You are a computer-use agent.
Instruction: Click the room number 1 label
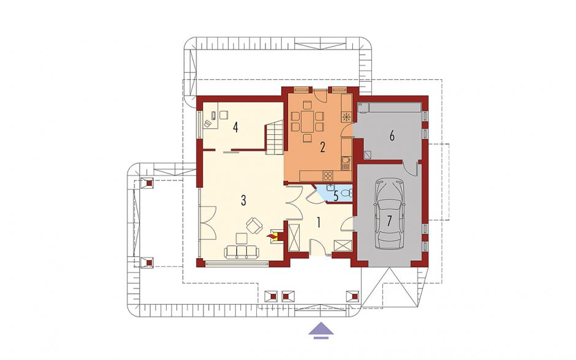[x=319, y=223]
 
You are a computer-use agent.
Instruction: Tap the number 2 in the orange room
[x=322, y=147]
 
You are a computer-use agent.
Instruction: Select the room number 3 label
[x=243, y=201]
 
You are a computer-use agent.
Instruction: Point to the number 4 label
[x=235, y=128]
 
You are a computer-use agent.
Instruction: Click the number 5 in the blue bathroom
[x=336, y=196]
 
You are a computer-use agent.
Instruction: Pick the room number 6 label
[x=392, y=136]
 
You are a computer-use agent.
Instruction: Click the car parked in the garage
[x=389, y=215]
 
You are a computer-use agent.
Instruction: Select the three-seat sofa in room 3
[x=241, y=252]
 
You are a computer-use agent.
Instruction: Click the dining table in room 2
[x=308, y=121]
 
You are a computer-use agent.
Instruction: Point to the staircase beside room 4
[x=274, y=138]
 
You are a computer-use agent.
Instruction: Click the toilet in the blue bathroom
[x=346, y=193]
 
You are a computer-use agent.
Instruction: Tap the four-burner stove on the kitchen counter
[x=327, y=176]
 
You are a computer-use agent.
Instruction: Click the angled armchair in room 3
[x=254, y=226]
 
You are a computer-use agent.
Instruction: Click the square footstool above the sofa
[x=242, y=239]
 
